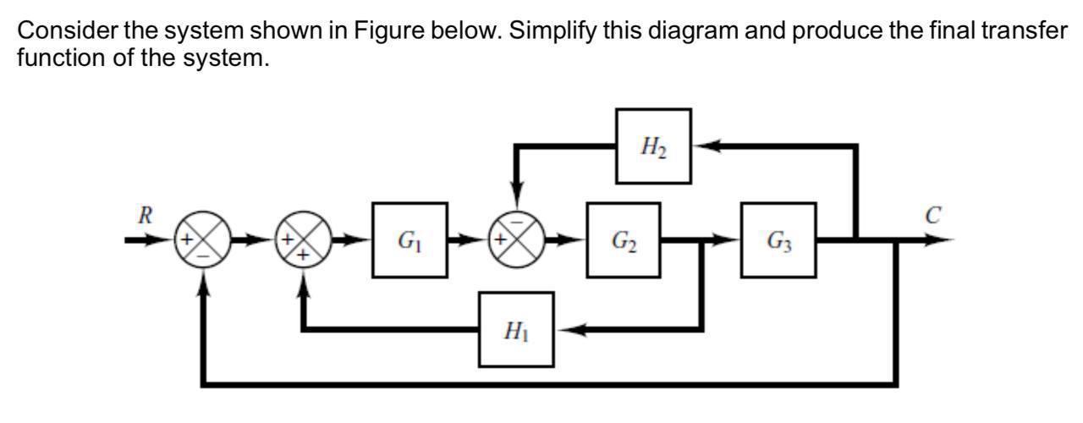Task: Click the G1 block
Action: pos(410,240)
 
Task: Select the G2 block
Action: pos(624,240)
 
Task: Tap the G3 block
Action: pos(778,240)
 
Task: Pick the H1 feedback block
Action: pos(516,329)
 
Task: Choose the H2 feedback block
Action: pos(652,146)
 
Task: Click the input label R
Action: pos(146,215)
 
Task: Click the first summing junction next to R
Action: pos(201,240)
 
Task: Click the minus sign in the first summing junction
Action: pos(201,253)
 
